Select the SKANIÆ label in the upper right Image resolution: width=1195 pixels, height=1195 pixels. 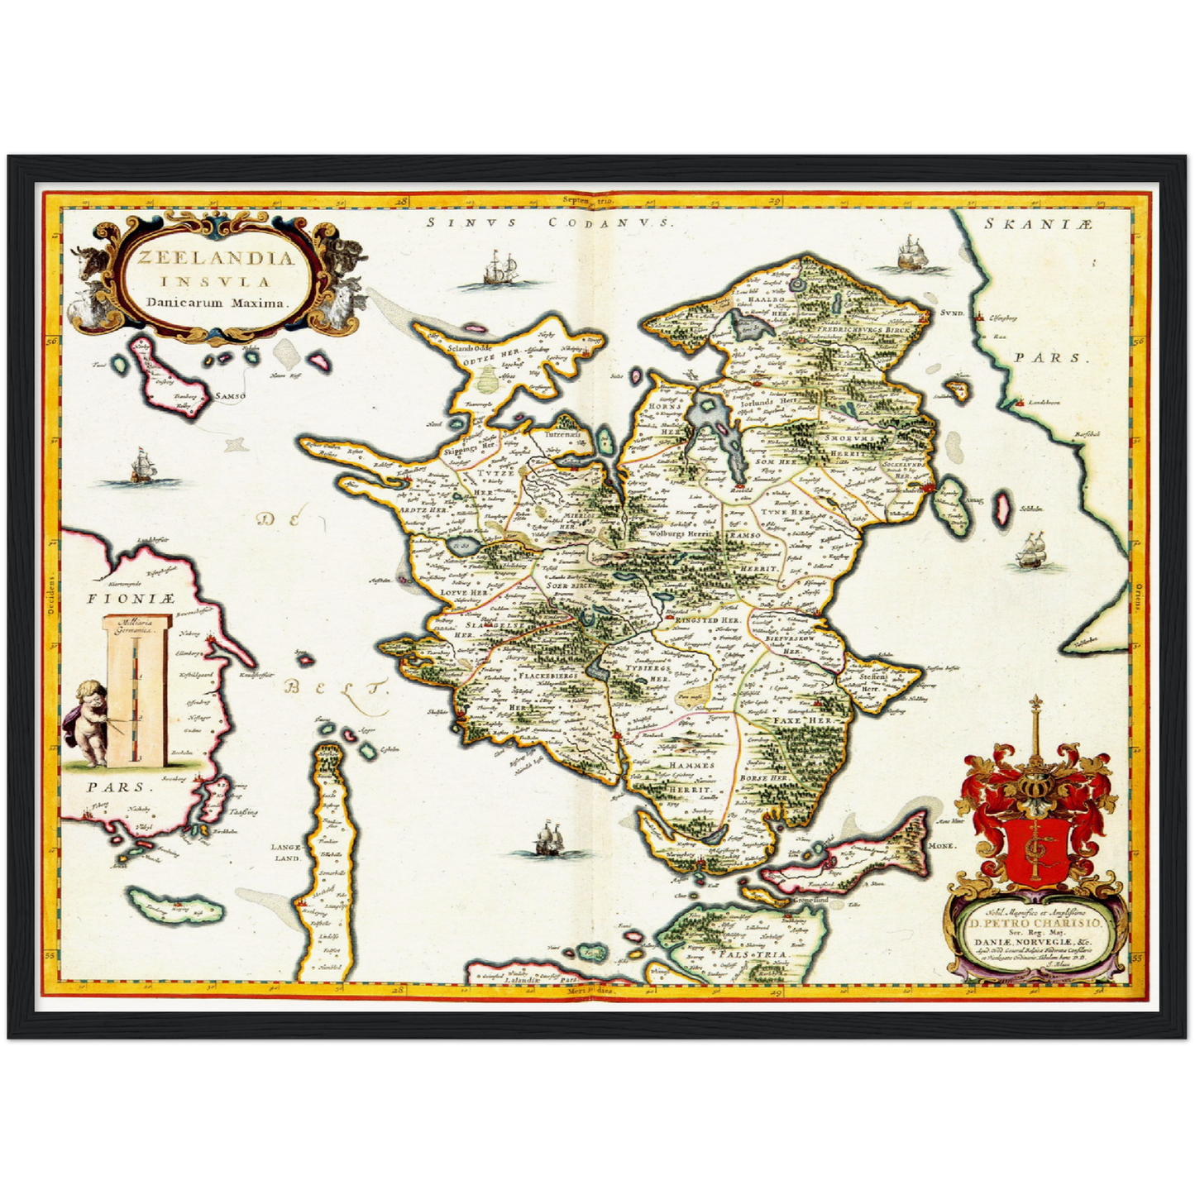(1040, 224)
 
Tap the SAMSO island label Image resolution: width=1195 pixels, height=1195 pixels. (230, 397)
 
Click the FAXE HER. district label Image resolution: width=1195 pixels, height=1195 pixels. (801, 721)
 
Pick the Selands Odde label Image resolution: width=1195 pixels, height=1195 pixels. (469, 348)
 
